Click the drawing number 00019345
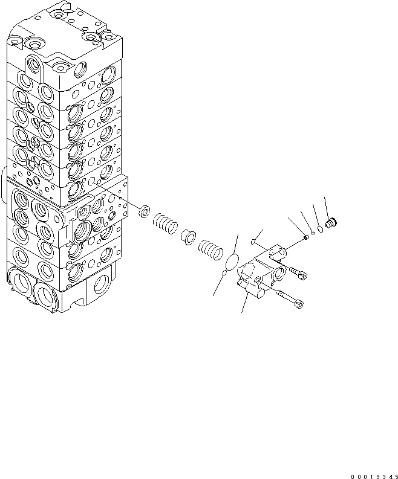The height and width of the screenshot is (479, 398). tap(371, 474)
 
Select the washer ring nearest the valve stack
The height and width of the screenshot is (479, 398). tap(145, 211)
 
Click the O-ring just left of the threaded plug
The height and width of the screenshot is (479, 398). tap(320, 227)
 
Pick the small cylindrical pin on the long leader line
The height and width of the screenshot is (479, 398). tap(306, 237)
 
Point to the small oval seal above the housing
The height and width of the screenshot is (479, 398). tap(254, 244)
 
